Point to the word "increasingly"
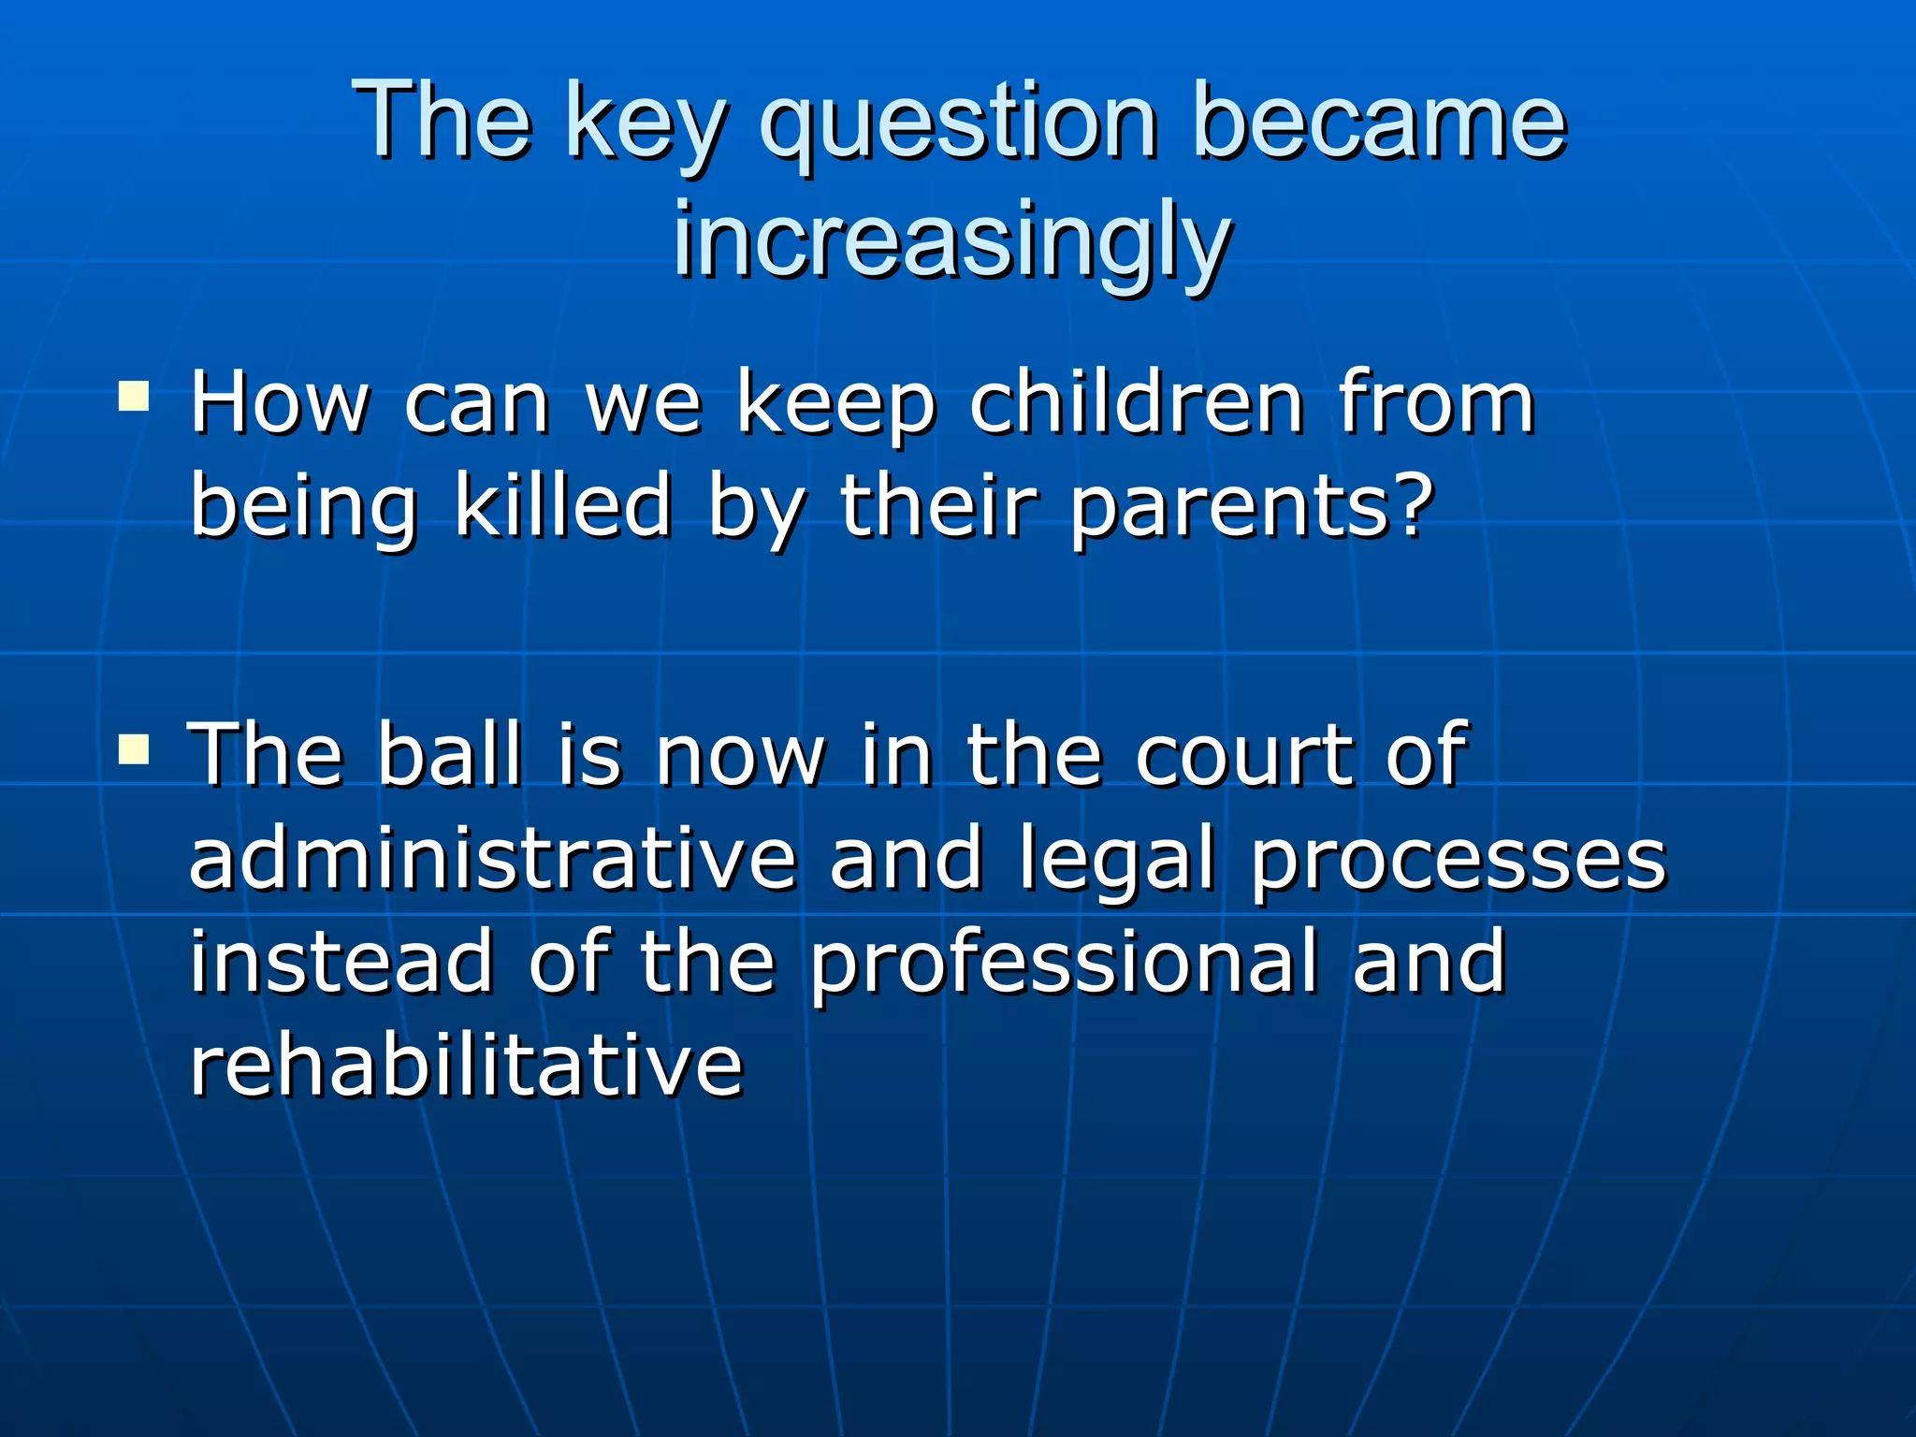tap(951, 241)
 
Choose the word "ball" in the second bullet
tap(449, 754)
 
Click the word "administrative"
tap(492, 859)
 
